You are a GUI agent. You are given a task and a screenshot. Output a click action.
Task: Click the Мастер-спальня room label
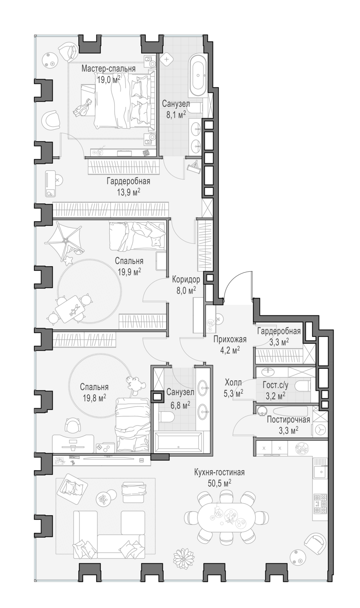108,69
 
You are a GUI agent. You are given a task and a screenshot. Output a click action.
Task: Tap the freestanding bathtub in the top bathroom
199,75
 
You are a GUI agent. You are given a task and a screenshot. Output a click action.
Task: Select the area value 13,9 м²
129,192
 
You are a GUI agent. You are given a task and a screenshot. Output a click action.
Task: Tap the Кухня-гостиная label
219,472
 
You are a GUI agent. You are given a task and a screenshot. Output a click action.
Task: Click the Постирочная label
288,420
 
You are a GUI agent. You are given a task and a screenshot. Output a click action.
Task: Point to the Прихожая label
230,339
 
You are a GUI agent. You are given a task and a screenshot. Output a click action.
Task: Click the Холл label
233,383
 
